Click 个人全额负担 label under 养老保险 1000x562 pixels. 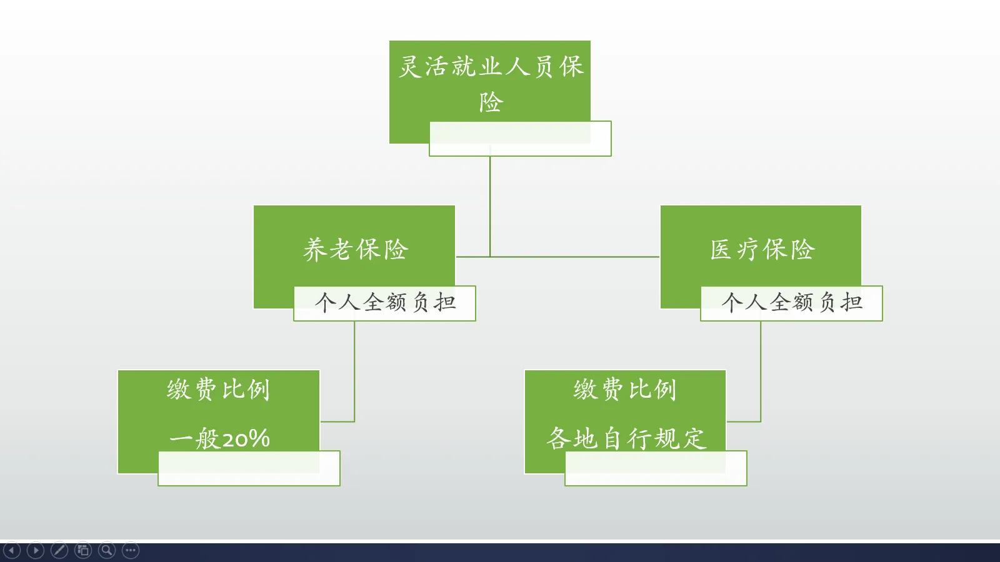(384, 303)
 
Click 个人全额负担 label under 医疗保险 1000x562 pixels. (791, 303)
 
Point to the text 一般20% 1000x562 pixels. (219, 438)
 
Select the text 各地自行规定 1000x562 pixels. (626, 438)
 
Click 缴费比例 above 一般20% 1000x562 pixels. (218, 389)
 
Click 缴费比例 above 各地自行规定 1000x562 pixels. (625, 389)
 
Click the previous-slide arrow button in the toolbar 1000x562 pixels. (12, 550)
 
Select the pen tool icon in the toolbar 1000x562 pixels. (59, 550)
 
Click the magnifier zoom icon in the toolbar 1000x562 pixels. (107, 550)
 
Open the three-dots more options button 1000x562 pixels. (131, 550)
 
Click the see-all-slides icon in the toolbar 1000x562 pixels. (83, 550)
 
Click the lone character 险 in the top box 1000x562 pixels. (491, 102)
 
